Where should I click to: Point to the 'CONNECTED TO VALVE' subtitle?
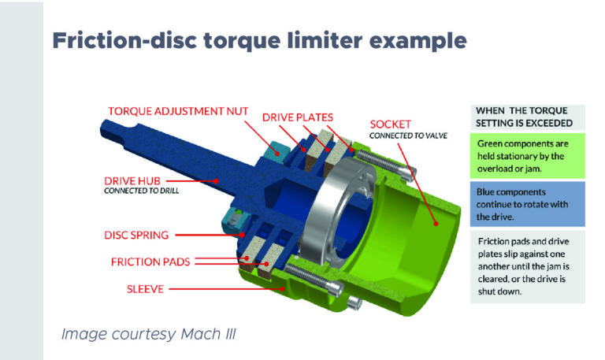click(x=407, y=135)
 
